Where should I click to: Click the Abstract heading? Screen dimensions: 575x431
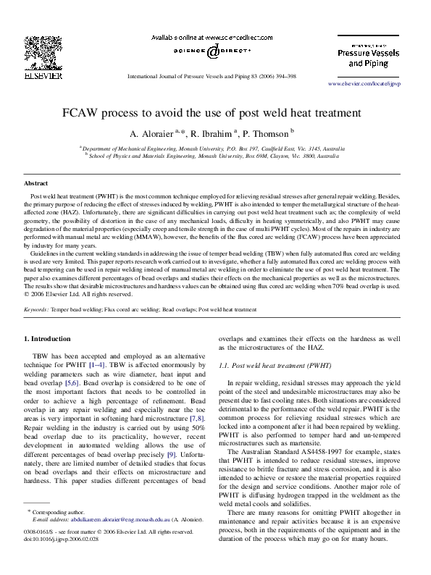point(36,184)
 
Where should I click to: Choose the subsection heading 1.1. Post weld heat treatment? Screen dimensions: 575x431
point(275,366)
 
